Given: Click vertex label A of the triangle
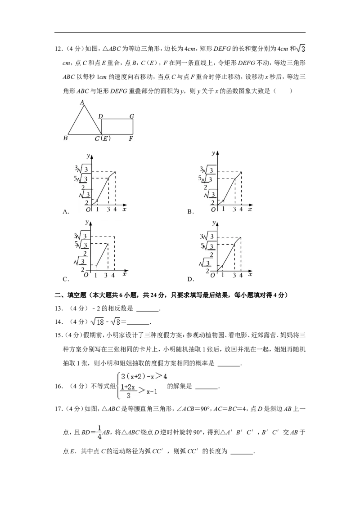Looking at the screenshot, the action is pyautogui.click(x=82, y=103).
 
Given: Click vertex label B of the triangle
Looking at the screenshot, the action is pyautogui.click(x=65, y=138).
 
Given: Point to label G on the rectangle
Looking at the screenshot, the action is pyautogui.click(x=131, y=116).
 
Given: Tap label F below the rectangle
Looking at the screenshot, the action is pyautogui.click(x=131, y=139).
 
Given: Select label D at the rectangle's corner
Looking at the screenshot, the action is pyautogui.click(x=100, y=116).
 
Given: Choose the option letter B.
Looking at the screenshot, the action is pyautogui.click(x=190, y=212).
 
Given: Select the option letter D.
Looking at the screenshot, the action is pyautogui.click(x=190, y=279).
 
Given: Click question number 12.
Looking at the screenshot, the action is pyautogui.click(x=58, y=49).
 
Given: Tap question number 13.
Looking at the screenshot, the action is pyautogui.click(x=58, y=308).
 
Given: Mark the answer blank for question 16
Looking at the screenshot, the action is pyautogui.click(x=207, y=388).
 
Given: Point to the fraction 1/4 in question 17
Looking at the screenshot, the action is pyautogui.click(x=99, y=433).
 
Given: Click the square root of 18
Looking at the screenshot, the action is pyautogui.click(x=97, y=321).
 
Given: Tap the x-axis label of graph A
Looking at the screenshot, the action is pyautogui.click(x=125, y=210).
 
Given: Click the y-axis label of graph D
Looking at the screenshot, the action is pyautogui.click(x=214, y=223).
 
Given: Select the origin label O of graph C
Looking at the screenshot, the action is pyautogui.click(x=86, y=275).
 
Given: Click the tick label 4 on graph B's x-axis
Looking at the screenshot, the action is pyautogui.click(x=241, y=210).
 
